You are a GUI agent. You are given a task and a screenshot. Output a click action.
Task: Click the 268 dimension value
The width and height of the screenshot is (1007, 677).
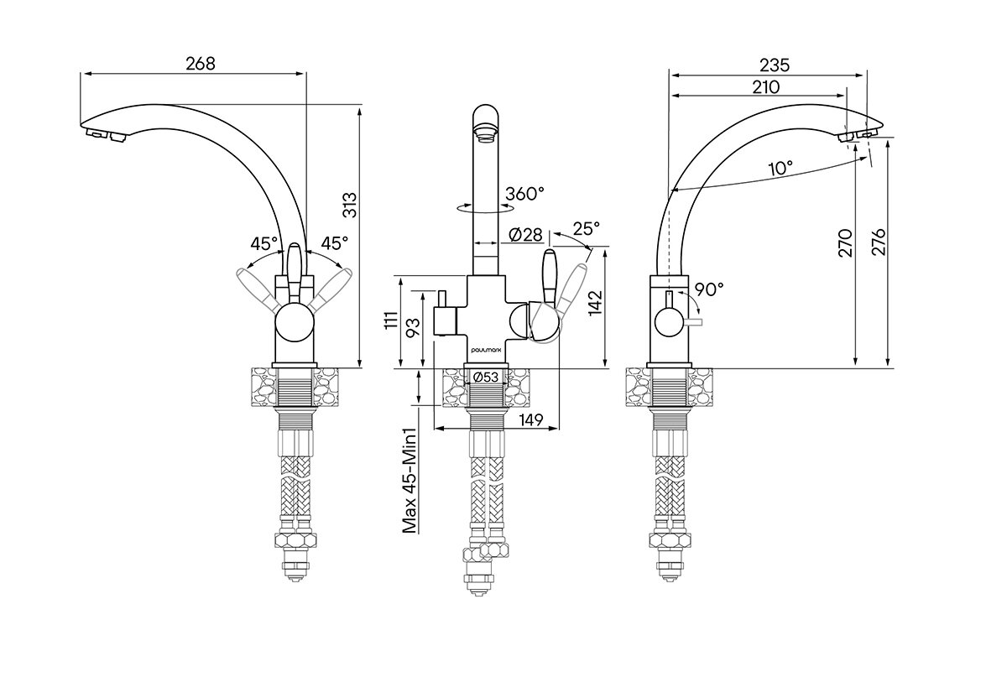[x=199, y=64]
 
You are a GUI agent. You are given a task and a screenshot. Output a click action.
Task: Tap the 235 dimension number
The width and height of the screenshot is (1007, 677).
[x=775, y=65]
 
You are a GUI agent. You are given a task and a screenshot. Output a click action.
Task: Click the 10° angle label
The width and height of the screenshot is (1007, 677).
[x=780, y=168]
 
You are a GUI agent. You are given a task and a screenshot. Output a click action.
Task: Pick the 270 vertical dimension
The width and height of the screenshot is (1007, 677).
[x=845, y=242]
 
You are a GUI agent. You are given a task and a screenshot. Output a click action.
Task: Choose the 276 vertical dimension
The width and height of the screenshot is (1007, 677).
[x=879, y=242]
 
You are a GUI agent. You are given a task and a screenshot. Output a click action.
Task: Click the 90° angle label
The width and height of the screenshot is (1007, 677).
[x=708, y=289]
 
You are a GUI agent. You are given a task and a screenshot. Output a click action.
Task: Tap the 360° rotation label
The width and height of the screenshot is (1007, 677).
[x=524, y=194]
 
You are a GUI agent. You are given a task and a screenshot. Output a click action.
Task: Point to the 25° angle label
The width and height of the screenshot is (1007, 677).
[x=587, y=227]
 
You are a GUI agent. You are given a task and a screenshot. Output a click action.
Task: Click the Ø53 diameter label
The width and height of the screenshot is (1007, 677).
[x=487, y=378]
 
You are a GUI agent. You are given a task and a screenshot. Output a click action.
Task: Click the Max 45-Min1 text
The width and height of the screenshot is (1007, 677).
[x=410, y=480]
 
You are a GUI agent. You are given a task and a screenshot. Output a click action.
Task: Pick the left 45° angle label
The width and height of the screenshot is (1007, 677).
[x=263, y=243]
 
